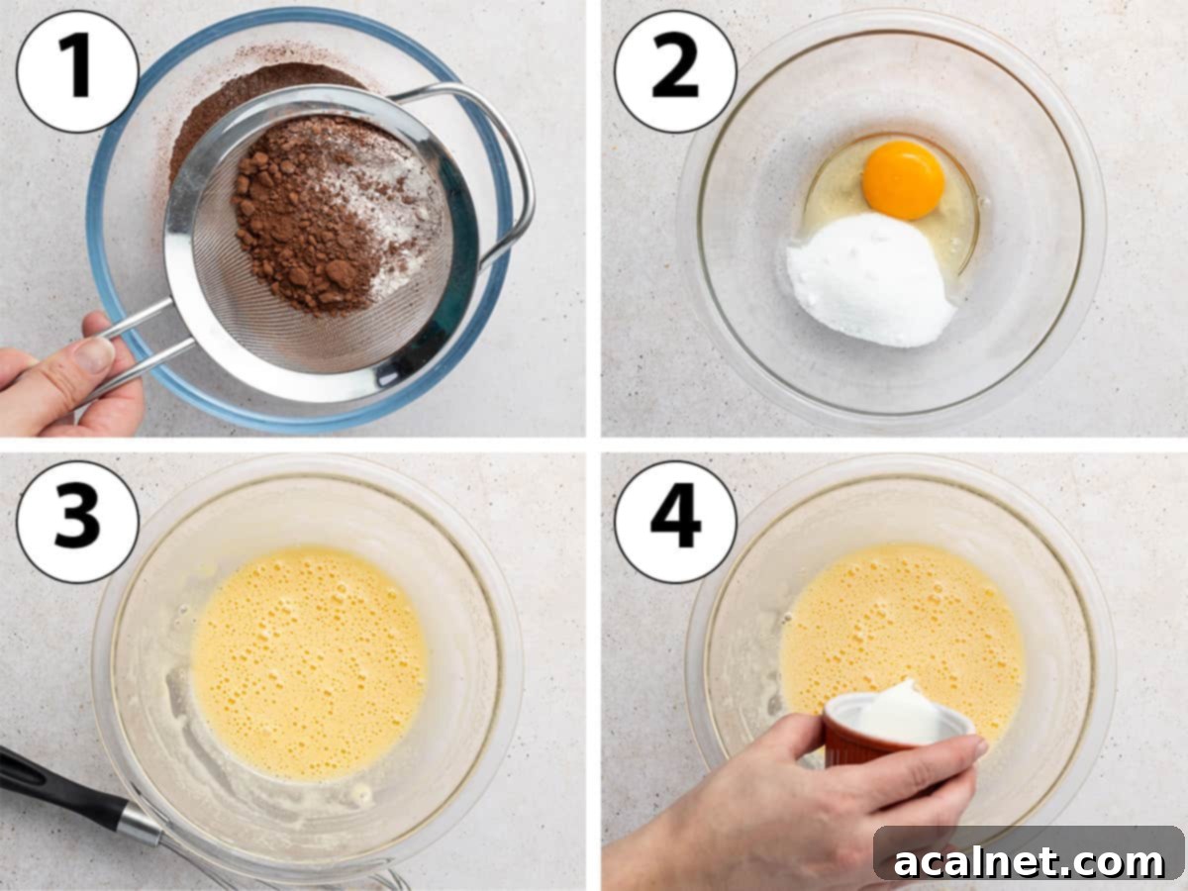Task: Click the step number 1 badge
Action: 77,71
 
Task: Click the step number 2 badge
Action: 675,71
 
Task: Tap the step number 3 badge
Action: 77,522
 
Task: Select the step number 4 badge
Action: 675,522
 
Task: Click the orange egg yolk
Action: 903,179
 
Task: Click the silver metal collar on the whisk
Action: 140,823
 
